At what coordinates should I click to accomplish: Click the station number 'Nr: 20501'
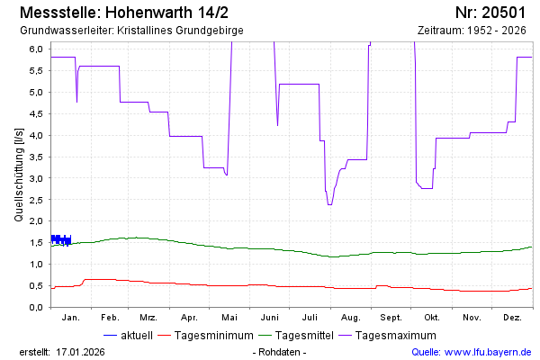pos(490,13)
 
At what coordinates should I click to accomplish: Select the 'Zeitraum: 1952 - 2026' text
pos(472,30)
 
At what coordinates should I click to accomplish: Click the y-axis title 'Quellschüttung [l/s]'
pos(19,175)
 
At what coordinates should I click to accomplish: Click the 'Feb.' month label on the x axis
pos(110,318)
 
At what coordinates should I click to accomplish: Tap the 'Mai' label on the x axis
pos(229,318)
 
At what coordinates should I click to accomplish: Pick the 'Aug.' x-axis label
pos(351,318)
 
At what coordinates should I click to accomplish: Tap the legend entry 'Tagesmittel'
pos(301,336)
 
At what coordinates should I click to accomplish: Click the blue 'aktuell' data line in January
pos(60,239)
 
